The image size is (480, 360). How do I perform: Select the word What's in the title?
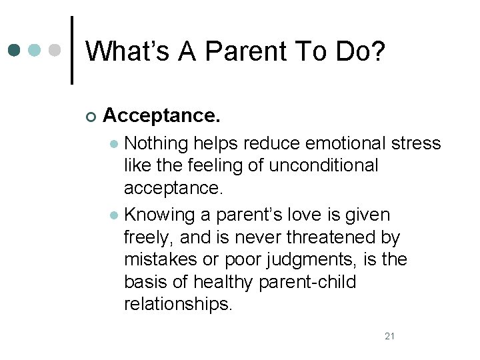pyautogui.click(x=127, y=51)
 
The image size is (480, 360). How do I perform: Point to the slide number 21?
pyautogui.click(x=390, y=336)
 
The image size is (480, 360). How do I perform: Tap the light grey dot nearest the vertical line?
pyautogui.click(x=56, y=50)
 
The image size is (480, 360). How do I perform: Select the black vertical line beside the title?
pyautogui.click(x=71, y=50)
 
